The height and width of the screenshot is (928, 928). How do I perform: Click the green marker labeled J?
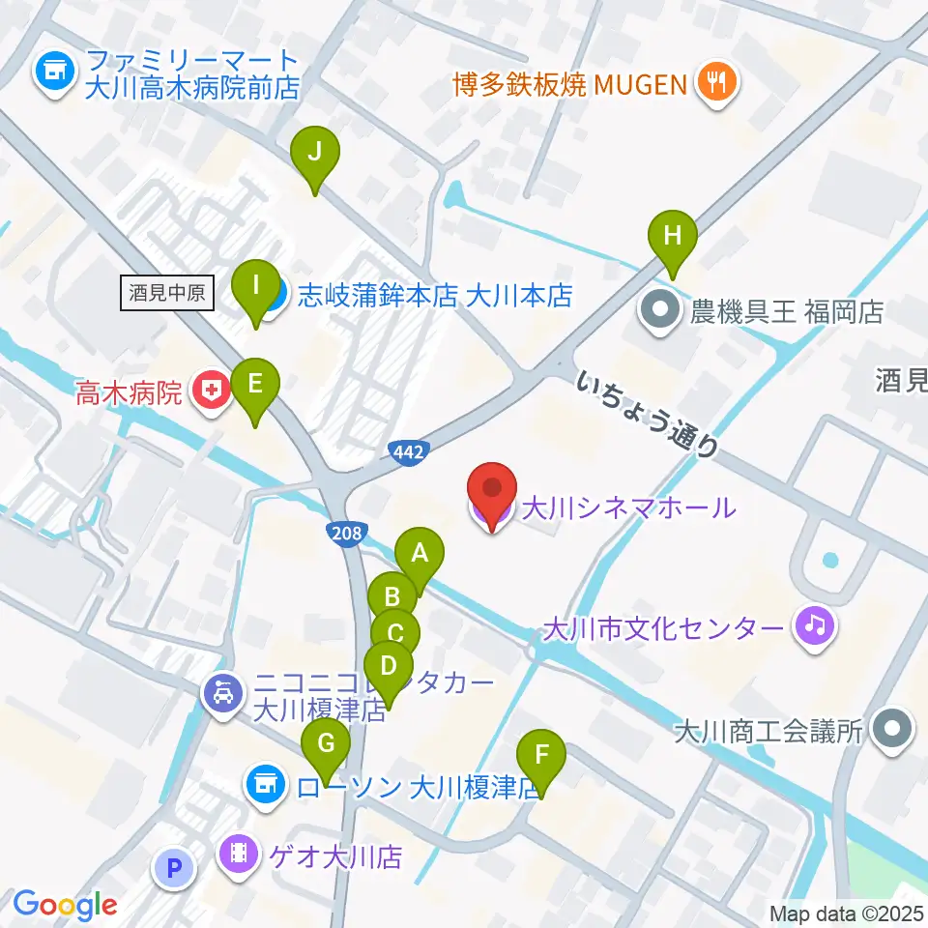click(x=314, y=154)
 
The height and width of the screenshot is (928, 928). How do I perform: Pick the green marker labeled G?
click(x=326, y=745)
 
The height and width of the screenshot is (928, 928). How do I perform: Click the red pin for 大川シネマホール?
click(x=493, y=491)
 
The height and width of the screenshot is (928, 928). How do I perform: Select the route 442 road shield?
click(x=408, y=451)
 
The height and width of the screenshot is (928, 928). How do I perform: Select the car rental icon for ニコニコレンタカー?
click(x=223, y=694)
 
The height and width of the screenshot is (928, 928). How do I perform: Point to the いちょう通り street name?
click(x=649, y=414)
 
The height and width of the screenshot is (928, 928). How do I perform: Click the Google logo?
click(x=65, y=905)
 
